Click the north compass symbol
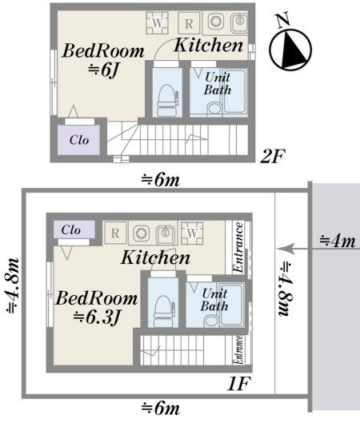(x=290, y=49)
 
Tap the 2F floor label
(x=272, y=157)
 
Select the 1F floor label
(x=238, y=385)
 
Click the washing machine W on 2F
(x=158, y=22)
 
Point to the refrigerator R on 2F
(x=189, y=23)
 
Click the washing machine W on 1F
(x=192, y=233)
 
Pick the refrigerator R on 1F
(x=115, y=233)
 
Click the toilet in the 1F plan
(x=163, y=311)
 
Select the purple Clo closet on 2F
(x=78, y=140)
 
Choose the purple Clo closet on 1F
(x=74, y=229)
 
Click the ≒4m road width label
(x=338, y=241)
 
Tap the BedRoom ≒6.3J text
(x=97, y=308)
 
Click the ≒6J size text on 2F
(x=103, y=71)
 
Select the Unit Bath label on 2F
(x=218, y=83)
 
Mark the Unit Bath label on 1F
(x=214, y=300)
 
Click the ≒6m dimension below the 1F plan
(x=161, y=409)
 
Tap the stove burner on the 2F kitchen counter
(x=216, y=22)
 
